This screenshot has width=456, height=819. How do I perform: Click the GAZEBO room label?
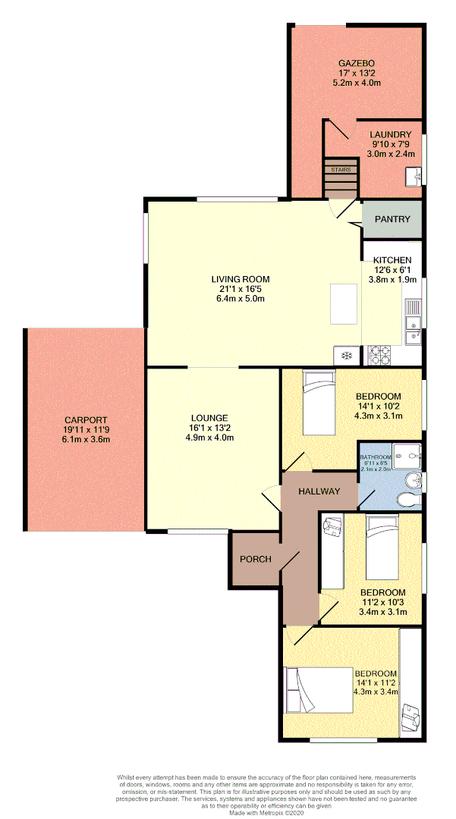click(x=357, y=63)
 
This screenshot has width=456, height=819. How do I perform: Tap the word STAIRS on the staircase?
click(x=341, y=171)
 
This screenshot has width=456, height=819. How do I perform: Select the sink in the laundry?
click(x=414, y=177)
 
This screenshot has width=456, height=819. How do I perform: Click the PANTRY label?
click(x=392, y=220)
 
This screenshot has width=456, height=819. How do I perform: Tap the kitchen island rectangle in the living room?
click(x=344, y=304)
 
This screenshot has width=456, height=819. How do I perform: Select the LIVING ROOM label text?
click(x=241, y=279)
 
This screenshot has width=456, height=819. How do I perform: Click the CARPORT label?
click(x=86, y=419)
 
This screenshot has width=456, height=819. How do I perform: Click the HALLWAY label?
click(x=319, y=491)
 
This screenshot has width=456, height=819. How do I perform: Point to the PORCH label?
click(x=256, y=559)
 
